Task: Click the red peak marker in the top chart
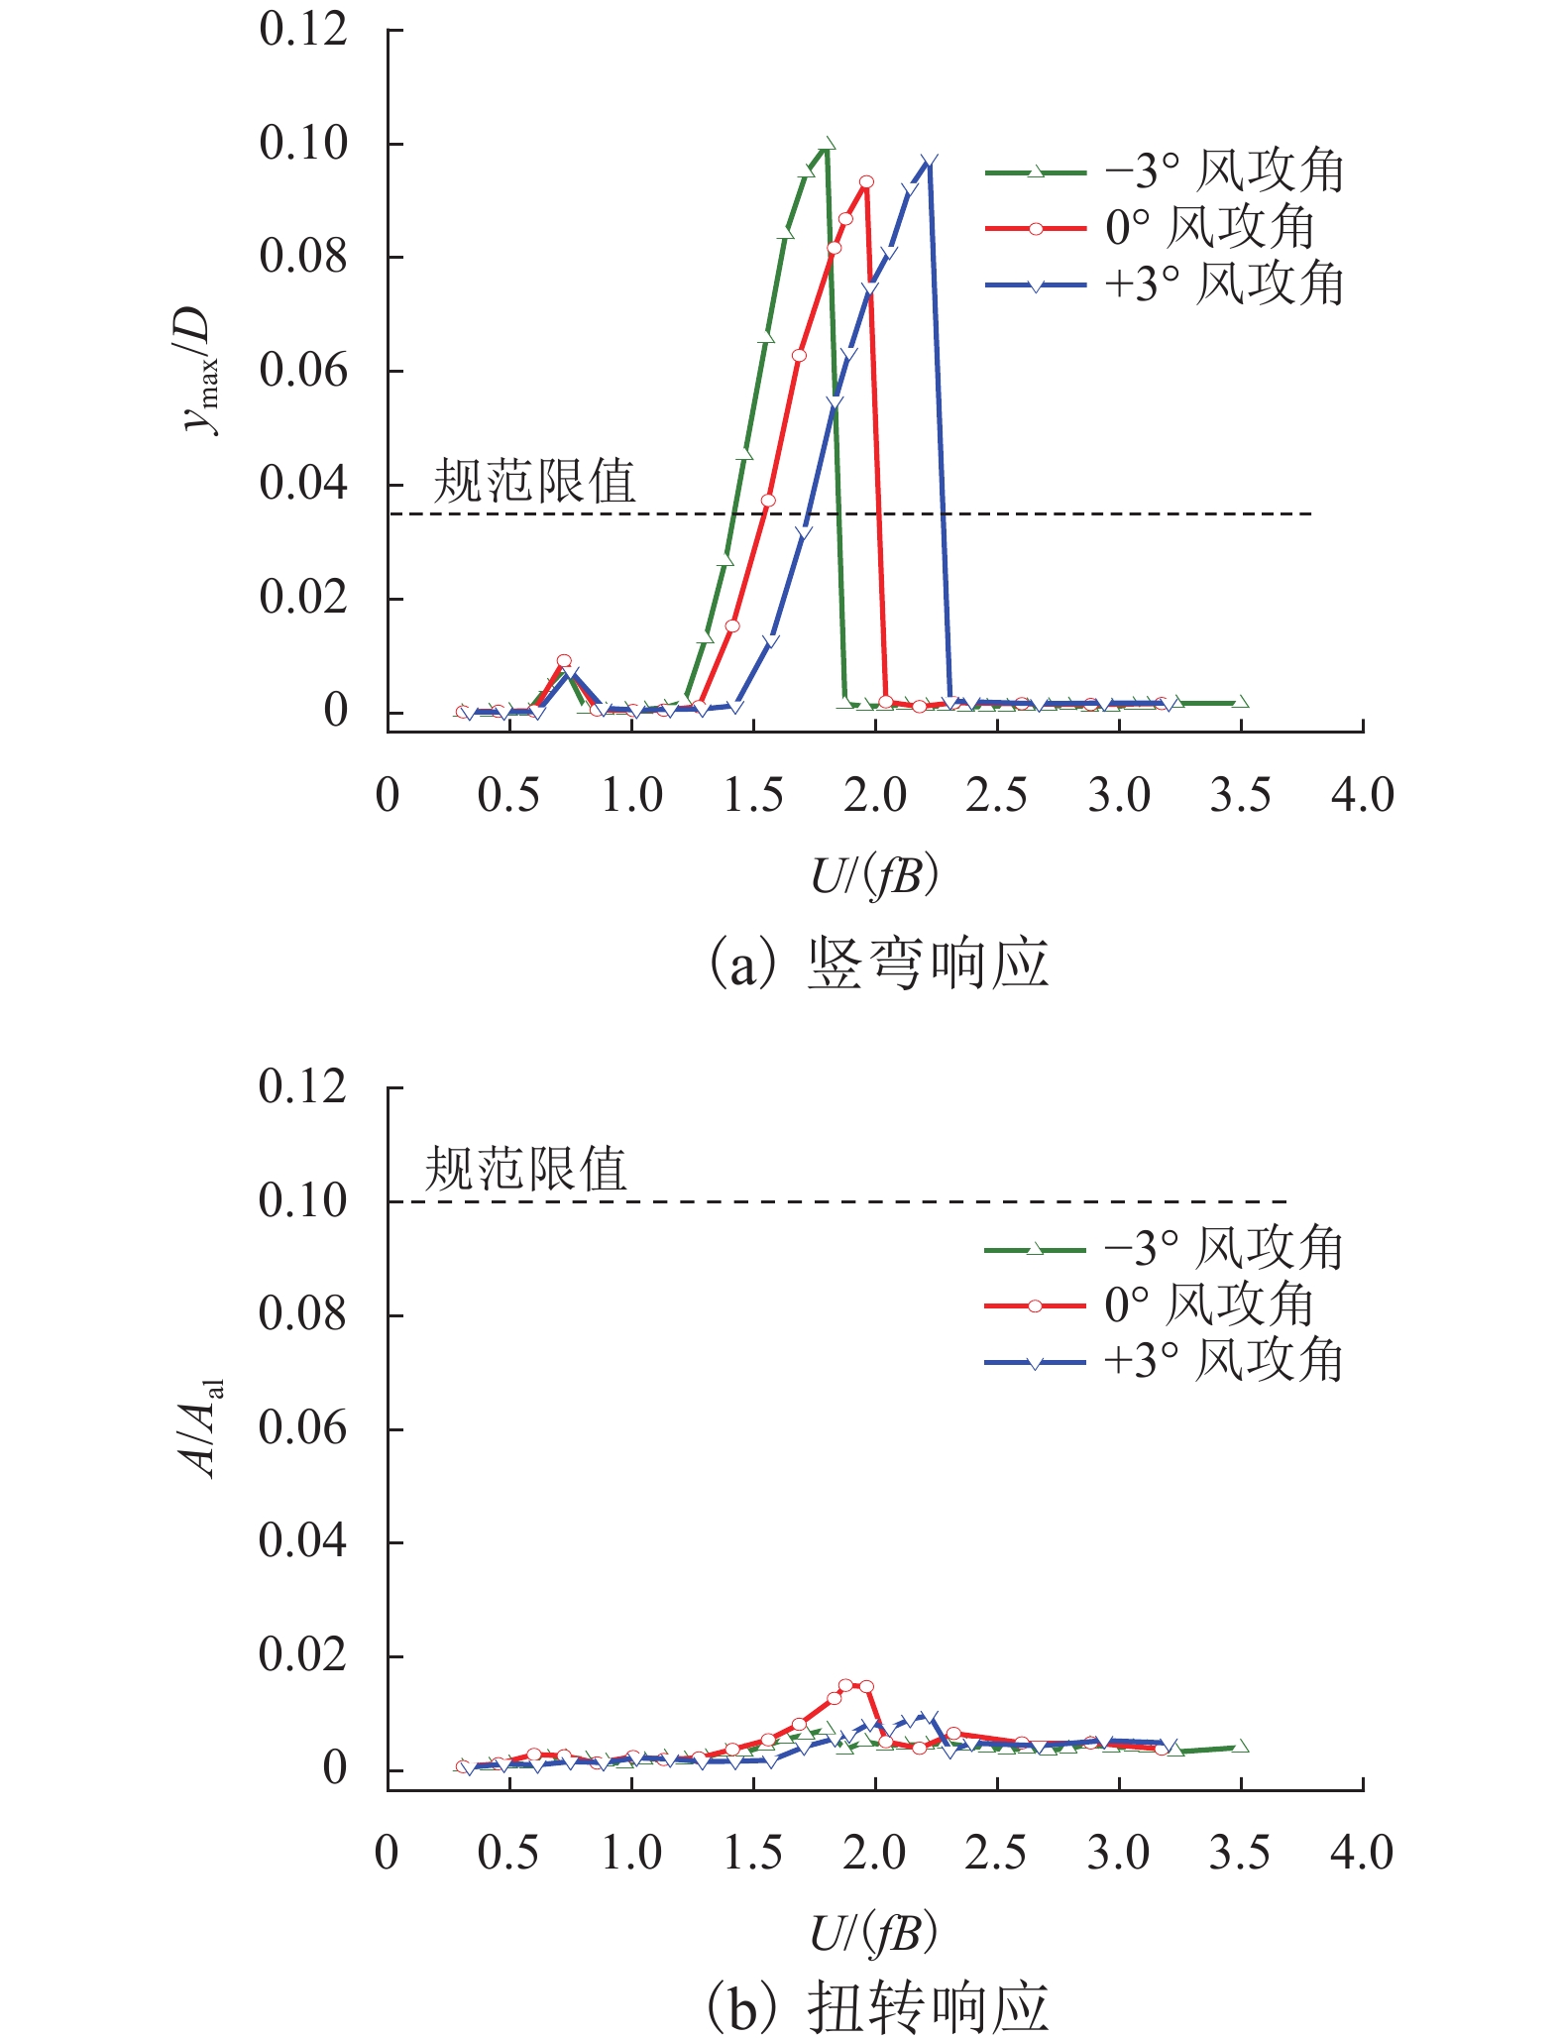866,181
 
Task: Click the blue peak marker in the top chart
929,162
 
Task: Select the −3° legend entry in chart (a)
1165,171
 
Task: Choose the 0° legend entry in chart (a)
1150,228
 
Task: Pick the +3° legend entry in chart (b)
1165,1362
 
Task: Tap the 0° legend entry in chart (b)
1150,1305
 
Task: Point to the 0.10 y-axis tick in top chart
303,144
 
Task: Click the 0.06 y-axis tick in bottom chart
302,1428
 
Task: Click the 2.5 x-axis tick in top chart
996,796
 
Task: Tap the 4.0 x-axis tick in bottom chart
1362,1854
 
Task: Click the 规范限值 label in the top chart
534,483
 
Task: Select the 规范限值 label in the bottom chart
526,1170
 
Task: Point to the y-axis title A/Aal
204,1428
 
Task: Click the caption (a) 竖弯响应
878,963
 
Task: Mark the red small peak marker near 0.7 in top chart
564,661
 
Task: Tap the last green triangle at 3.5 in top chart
1241,703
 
